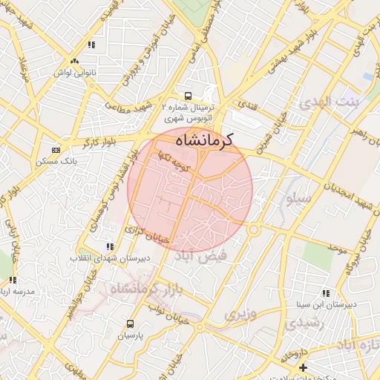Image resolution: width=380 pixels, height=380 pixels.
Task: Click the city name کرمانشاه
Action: [201, 140]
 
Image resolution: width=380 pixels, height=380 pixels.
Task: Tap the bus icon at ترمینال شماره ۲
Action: [188, 96]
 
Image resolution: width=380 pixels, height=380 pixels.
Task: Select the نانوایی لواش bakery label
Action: [73, 73]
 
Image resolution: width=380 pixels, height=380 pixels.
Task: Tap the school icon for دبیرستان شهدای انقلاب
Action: [110, 246]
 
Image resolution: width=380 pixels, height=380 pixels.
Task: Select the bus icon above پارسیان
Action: [131, 324]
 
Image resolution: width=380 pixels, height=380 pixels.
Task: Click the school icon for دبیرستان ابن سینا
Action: [326, 293]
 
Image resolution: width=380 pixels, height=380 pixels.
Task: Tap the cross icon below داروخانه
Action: [303, 367]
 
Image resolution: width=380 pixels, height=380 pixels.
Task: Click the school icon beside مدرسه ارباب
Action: [13, 280]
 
